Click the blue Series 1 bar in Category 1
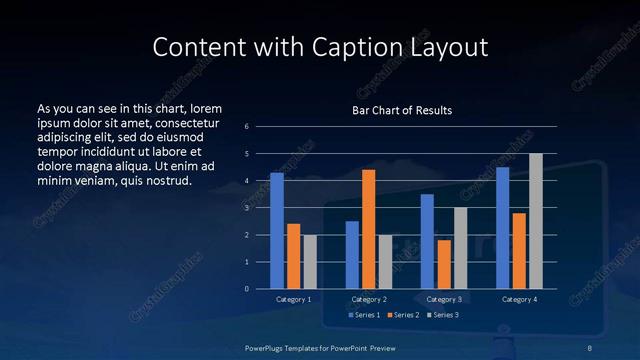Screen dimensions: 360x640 coord(277,231)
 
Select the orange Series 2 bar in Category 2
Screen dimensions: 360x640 coord(368,229)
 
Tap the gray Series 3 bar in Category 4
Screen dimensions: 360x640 coord(535,221)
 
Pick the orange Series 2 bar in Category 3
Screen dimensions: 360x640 coord(443,264)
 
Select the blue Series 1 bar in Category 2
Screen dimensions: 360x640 coord(352,255)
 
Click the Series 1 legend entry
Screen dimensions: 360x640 coord(363,316)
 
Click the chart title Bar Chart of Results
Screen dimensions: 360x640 coord(402,110)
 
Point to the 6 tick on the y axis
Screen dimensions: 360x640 coord(247,127)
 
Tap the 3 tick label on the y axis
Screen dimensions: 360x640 coord(247,208)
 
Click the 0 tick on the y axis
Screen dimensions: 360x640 coord(247,289)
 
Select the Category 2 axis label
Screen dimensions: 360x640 coord(368,299)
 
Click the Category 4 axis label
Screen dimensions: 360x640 coord(518,299)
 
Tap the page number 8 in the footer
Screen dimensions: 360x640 coord(589,346)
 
